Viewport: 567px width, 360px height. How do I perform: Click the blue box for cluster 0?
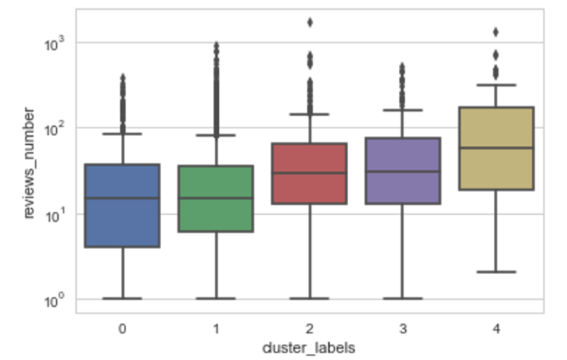(x=122, y=205)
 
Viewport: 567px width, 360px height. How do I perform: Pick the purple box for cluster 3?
(x=403, y=171)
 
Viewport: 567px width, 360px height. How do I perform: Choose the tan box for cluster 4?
(x=496, y=148)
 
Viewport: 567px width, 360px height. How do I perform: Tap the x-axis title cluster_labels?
(x=309, y=347)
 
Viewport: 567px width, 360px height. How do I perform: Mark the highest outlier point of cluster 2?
(x=310, y=22)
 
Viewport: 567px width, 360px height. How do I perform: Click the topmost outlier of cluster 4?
(x=496, y=32)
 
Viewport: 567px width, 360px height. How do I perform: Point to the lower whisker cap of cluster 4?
(x=496, y=272)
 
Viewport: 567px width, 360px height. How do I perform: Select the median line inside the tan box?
(x=496, y=147)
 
